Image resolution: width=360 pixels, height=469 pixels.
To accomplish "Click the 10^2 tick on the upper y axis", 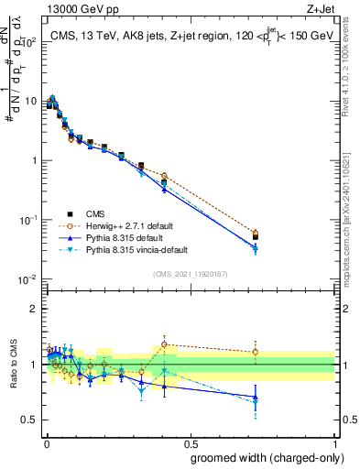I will (29, 42).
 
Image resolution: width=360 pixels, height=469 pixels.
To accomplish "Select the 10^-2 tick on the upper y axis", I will (29, 279).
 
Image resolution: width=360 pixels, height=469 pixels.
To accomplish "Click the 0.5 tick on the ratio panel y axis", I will (31, 420).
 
